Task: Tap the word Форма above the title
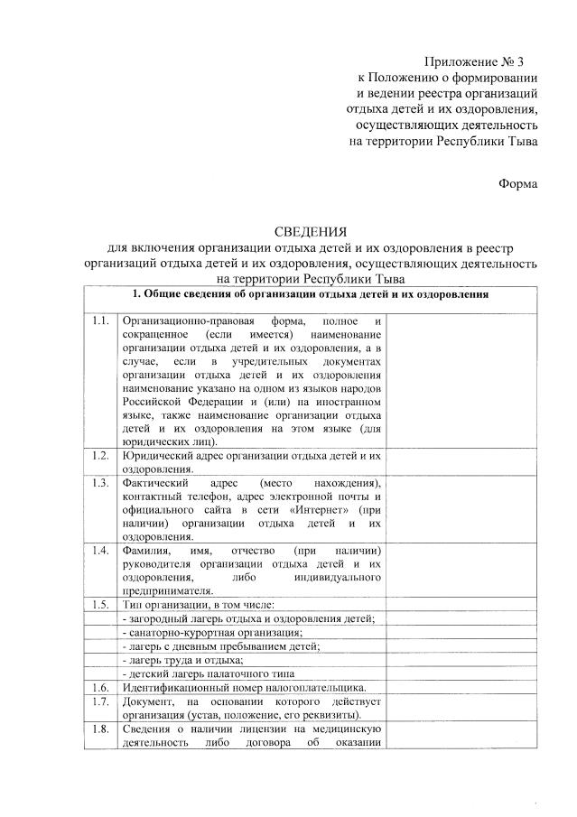[x=517, y=183]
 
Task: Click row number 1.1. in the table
[x=100, y=322]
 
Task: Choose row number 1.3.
[x=100, y=481]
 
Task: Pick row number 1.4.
[x=100, y=550]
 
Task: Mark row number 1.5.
[x=100, y=604]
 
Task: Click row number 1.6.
[x=100, y=687]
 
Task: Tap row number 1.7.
[x=100, y=701]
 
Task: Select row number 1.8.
[x=100, y=729]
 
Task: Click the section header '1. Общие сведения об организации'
[x=310, y=294]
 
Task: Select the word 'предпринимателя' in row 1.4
[x=166, y=590]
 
